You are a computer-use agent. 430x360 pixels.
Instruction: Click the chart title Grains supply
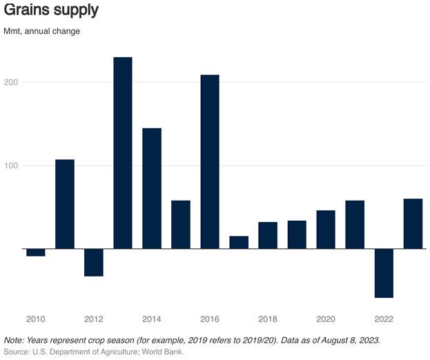[51, 11]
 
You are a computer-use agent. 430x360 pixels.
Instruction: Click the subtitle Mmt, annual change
[41, 32]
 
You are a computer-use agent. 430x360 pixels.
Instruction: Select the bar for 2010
[36, 252]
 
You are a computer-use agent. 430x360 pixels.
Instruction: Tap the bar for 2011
[65, 204]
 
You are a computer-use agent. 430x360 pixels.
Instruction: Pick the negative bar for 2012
[94, 262]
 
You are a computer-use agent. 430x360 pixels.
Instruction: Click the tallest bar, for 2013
[123, 153]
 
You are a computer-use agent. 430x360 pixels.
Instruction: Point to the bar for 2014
[152, 188]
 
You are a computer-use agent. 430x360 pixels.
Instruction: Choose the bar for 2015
[181, 224]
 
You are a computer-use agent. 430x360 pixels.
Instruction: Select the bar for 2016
[210, 162]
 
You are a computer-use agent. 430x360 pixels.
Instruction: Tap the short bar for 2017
[239, 242]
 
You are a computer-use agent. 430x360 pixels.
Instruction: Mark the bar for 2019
[297, 234]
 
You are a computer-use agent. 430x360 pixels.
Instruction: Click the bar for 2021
[355, 224]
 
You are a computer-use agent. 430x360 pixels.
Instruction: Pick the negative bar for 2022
[384, 273]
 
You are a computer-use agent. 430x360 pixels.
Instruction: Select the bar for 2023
[413, 223]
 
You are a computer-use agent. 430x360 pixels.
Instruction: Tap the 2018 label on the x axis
[268, 319]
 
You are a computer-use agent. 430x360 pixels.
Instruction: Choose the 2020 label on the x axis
[326, 319]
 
